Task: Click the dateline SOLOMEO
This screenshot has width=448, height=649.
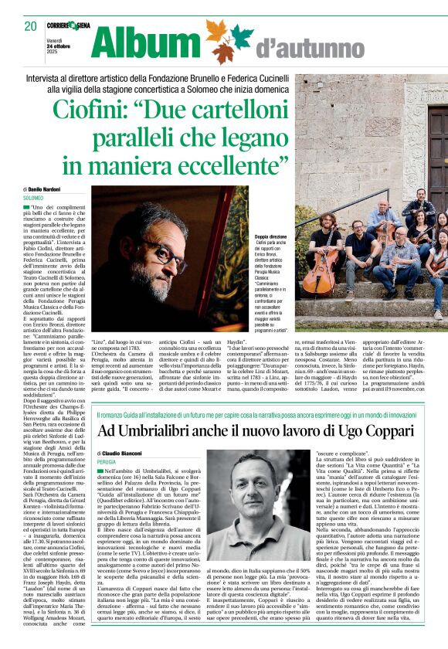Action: point(34,199)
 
